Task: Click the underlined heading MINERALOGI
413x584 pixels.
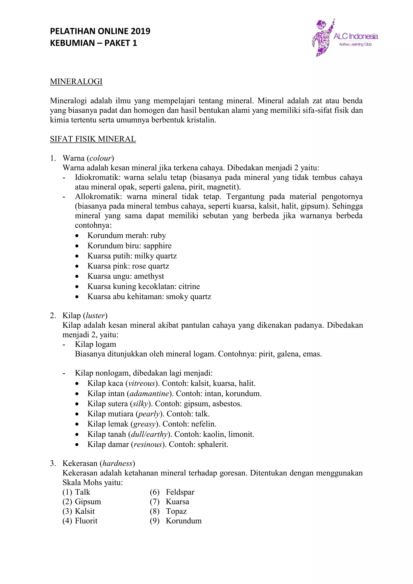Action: point(76,82)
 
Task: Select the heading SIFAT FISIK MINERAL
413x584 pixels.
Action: point(93,139)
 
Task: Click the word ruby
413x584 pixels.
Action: point(158,236)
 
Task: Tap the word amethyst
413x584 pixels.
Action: point(149,276)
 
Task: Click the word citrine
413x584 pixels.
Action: point(189,286)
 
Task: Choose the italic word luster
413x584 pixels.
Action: point(95,316)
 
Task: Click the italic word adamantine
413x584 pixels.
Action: point(149,394)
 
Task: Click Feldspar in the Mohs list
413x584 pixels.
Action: point(180,492)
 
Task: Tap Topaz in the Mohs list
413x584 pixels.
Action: point(176,511)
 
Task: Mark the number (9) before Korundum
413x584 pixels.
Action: point(155,521)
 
